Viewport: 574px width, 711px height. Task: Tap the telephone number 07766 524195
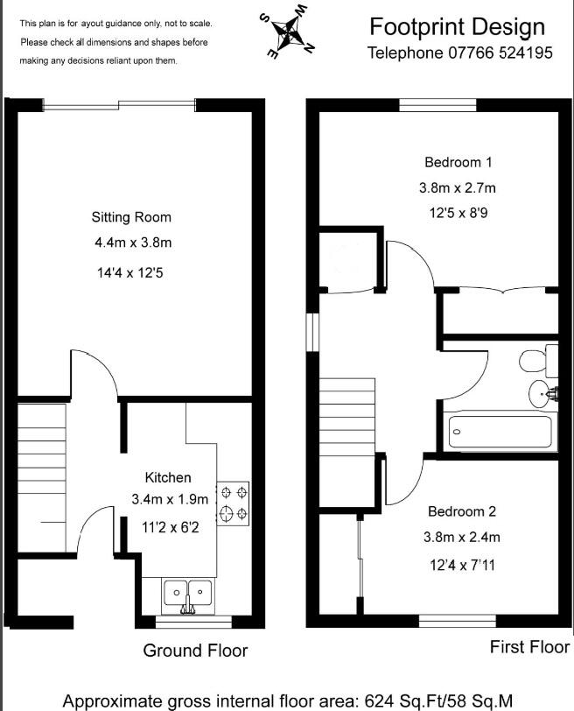pos(459,53)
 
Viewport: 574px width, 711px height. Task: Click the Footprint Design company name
pos(457,27)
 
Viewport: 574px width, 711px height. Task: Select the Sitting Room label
pos(131,217)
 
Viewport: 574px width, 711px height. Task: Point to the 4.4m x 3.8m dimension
pos(131,243)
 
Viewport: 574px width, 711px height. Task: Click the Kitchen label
pos(168,477)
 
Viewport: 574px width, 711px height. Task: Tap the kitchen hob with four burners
pos(233,504)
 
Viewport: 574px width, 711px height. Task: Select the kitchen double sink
pos(187,594)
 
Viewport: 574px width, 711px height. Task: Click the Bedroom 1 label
pos(458,162)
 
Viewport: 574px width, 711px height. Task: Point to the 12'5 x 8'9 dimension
pos(458,213)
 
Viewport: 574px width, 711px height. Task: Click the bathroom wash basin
pos(540,395)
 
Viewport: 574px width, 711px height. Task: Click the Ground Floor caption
pos(195,651)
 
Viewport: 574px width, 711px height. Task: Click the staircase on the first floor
pos(346,415)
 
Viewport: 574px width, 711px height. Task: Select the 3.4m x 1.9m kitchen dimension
pos(170,500)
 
